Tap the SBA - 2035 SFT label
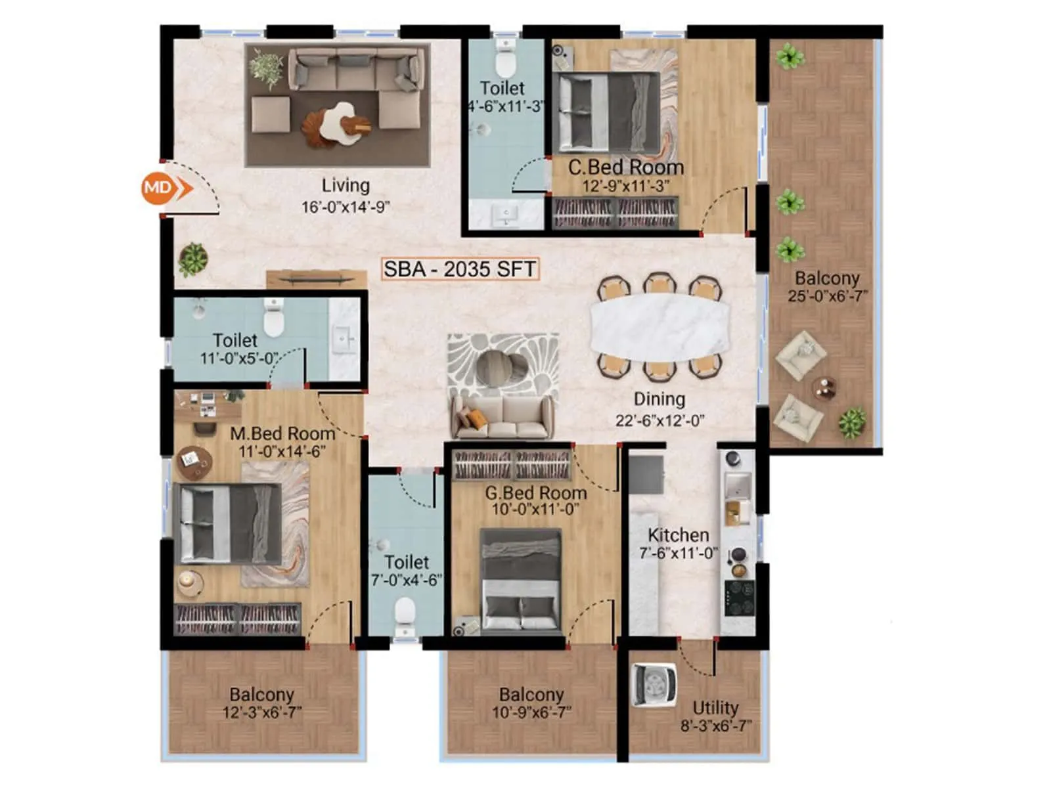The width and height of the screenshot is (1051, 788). coord(460,269)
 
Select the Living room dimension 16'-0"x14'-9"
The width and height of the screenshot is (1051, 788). coord(346,207)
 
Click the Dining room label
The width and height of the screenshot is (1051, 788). coord(659,399)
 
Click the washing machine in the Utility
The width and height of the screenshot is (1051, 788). coord(654,685)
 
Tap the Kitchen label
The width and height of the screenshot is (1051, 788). coord(679,535)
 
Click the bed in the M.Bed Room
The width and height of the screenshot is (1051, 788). coord(227,523)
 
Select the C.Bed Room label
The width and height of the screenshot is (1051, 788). coord(625,167)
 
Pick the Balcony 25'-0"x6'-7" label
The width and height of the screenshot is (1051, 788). coord(827,278)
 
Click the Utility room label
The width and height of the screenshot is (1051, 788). coord(715,708)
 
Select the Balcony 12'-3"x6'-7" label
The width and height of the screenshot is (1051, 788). coord(261,695)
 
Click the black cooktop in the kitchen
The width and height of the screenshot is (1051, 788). coord(739,598)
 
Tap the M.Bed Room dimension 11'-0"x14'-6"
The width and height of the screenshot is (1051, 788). coord(282,452)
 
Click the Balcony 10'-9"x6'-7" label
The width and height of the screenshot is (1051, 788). coord(531,695)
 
